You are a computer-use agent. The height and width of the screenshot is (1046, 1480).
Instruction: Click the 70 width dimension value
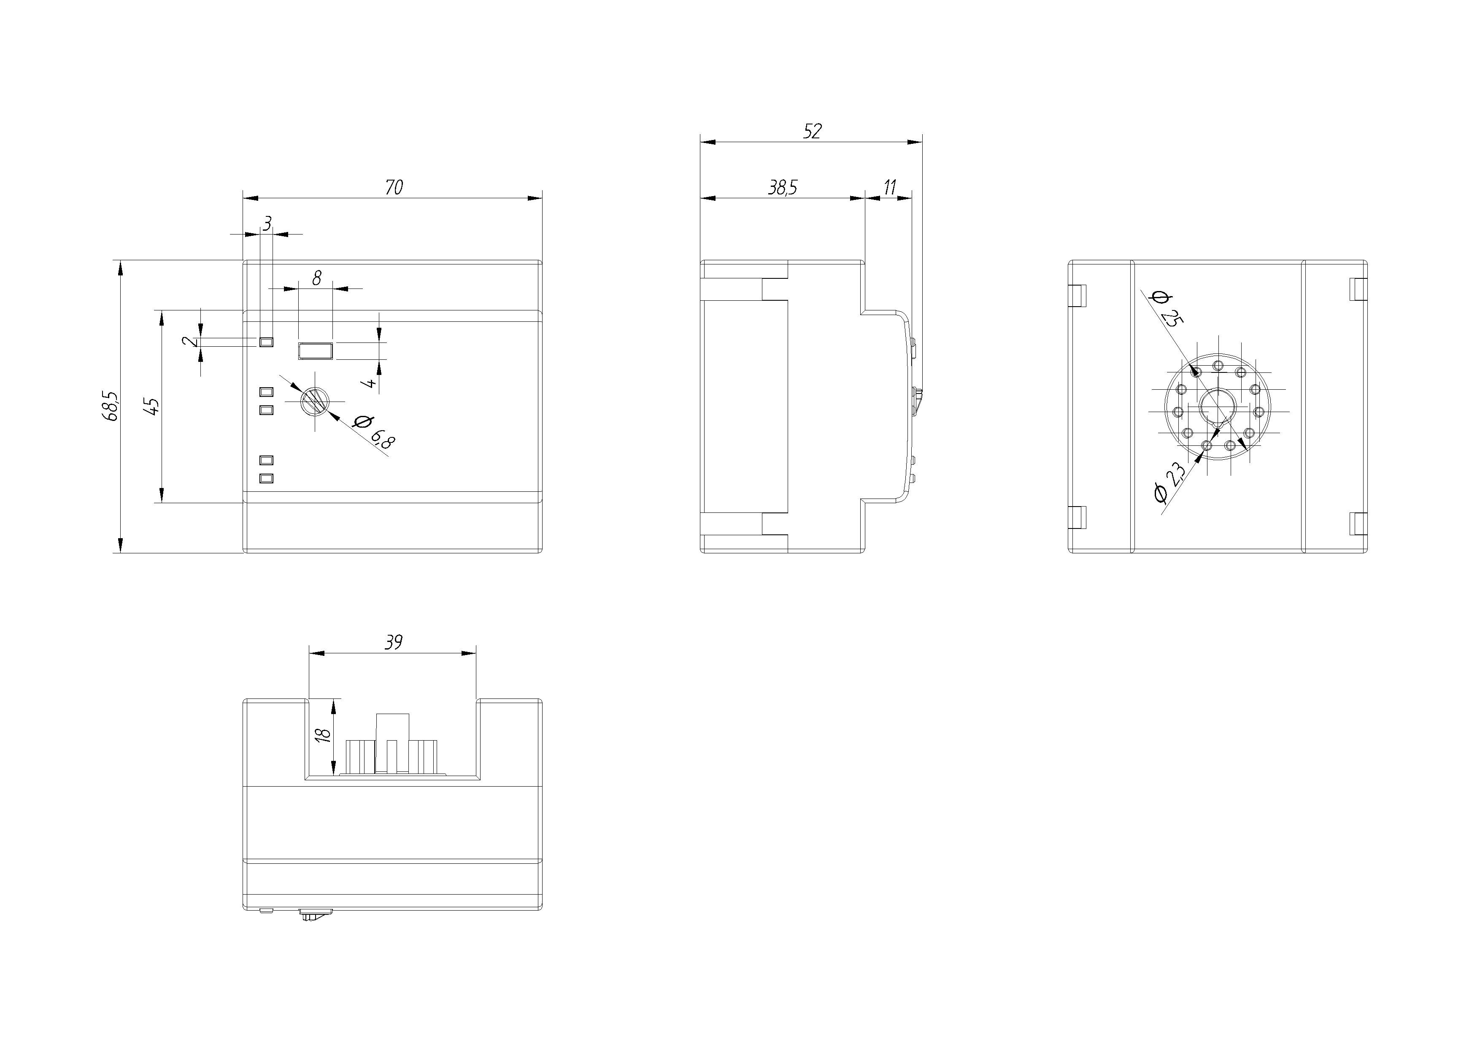[x=394, y=188]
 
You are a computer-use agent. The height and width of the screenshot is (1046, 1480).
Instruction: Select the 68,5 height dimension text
[x=110, y=406]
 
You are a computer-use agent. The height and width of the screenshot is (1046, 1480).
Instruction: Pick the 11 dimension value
[x=889, y=188]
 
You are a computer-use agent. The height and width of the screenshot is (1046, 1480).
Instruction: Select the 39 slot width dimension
[x=393, y=642]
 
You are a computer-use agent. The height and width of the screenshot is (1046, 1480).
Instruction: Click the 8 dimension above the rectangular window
[x=316, y=278]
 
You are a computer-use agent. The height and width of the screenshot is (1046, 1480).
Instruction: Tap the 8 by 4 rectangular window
[x=315, y=351]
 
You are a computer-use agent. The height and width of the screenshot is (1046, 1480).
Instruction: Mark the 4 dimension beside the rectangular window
[x=370, y=383]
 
